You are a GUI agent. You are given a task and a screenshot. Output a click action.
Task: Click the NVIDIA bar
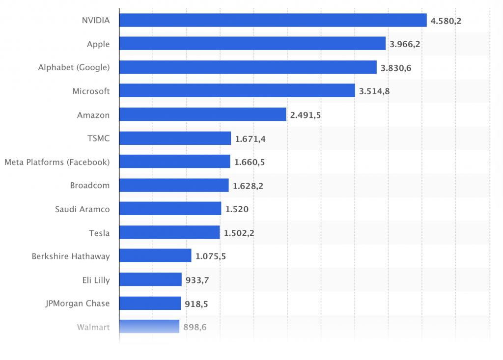[273, 20]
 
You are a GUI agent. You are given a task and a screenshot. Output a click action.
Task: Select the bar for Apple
[252, 44]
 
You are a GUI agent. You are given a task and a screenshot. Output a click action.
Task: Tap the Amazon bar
[202, 114]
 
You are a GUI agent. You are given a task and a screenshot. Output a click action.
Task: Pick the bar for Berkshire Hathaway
[155, 256]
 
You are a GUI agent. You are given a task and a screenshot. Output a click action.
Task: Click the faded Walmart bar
[149, 327]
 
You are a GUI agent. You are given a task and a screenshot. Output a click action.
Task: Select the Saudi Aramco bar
[170, 209]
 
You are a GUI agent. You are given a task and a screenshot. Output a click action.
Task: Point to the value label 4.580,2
[446, 21]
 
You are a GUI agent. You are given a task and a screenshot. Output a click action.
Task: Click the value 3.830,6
[396, 68]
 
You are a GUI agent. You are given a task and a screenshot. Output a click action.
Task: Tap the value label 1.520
[237, 209]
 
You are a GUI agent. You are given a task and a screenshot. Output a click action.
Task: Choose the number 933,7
[197, 280]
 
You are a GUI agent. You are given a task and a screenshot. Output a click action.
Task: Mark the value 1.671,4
[250, 138]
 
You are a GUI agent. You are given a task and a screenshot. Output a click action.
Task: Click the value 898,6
[196, 327]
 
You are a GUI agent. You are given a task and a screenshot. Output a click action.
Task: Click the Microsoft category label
[91, 91]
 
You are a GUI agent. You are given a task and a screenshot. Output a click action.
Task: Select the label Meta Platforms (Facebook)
[57, 162]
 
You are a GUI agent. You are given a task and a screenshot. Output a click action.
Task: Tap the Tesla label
[99, 232]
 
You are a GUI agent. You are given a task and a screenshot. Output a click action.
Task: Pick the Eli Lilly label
[96, 279]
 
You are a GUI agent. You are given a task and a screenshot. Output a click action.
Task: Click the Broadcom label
[90, 185]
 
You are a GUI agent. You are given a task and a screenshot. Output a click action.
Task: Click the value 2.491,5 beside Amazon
[306, 115]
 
